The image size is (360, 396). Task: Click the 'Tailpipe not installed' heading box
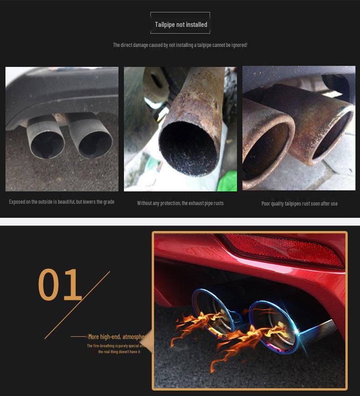180,25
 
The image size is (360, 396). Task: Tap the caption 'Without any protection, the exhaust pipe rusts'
180,203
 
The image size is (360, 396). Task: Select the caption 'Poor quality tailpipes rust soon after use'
299,204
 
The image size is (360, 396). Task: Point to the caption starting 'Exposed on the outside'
62,201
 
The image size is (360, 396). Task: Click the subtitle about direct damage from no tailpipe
180,45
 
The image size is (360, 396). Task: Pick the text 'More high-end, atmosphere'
118,337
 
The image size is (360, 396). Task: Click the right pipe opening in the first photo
94,144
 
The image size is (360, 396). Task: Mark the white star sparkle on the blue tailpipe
298,330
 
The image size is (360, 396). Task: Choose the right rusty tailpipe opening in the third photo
332,136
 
